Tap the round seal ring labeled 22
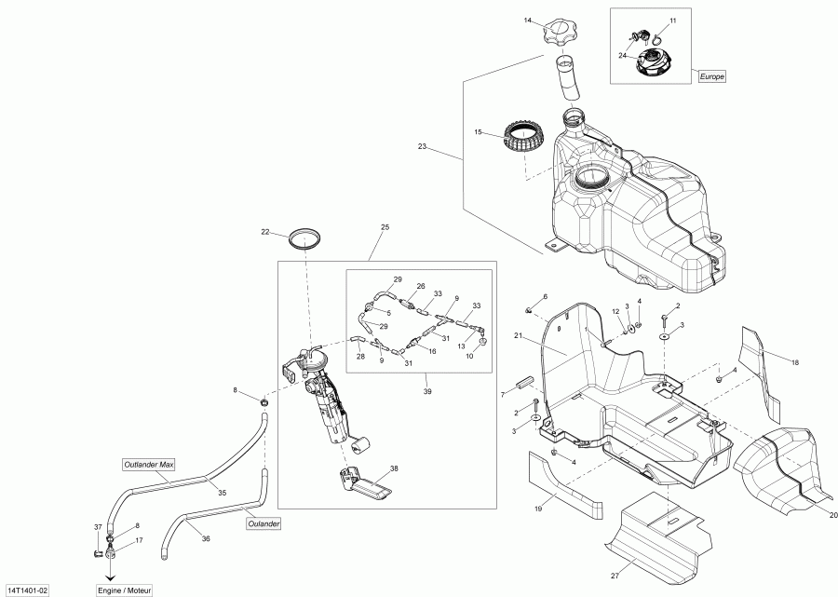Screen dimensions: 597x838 pyautogui.click(x=304, y=237)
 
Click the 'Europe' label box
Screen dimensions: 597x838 pyautogui.click(x=712, y=76)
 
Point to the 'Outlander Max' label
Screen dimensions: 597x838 pyautogui.click(x=148, y=464)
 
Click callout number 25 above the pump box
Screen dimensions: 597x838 pyautogui.click(x=385, y=227)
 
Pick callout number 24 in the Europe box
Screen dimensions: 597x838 pyautogui.click(x=621, y=55)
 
